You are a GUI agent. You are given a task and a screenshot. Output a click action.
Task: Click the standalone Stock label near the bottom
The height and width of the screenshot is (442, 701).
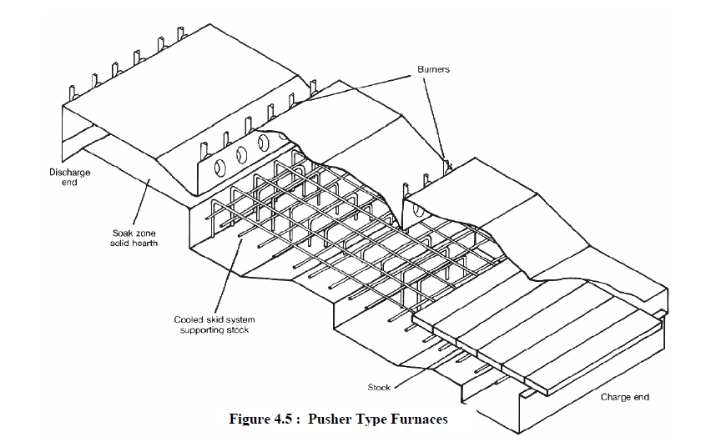click(379, 388)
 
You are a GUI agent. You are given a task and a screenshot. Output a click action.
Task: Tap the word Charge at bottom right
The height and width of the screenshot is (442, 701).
click(616, 397)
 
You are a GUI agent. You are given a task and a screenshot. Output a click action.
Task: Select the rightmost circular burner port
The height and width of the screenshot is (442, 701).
click(264, 143)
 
